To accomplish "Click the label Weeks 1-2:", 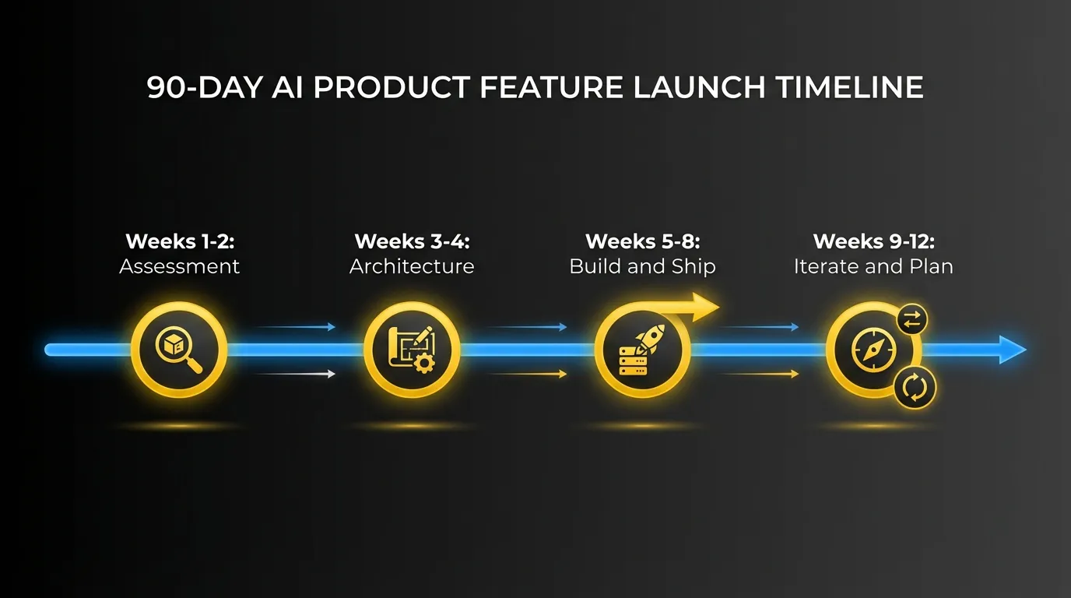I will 179,241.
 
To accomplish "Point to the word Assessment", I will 179,266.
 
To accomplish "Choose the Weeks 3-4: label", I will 412,241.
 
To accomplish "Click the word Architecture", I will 412,266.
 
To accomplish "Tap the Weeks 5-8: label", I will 642,241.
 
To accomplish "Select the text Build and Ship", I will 642,266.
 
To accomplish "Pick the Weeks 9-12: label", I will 873,241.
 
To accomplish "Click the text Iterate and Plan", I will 873,266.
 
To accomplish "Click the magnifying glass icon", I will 179,350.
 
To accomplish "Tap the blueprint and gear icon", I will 412,350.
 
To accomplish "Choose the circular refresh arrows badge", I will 915,387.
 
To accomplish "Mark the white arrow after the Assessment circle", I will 296,375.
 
